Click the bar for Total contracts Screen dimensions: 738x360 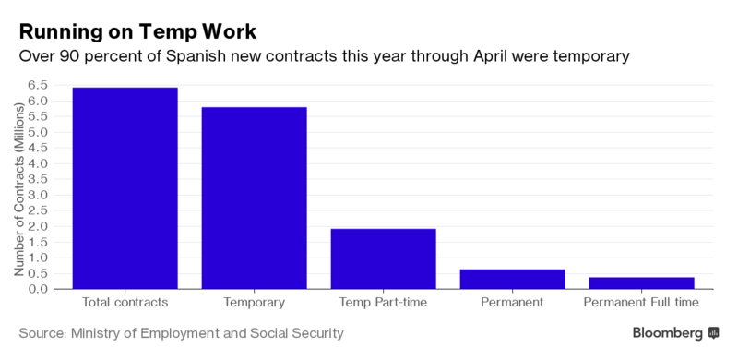(x=125, y=188)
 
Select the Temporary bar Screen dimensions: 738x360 (x=255, y=198)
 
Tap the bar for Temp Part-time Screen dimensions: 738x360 (x=384, y=258)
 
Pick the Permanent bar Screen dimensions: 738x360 (x=513, y=279)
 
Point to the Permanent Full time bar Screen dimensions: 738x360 (x=641, y=282)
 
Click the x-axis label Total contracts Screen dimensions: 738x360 (x=125, y=302)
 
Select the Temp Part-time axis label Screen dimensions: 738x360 (x=384, y=302)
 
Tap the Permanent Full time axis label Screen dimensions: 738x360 (x=641, y=302)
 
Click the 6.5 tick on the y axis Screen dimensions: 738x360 (x=39, y=85)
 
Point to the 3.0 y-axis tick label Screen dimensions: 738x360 (x=39, y=195)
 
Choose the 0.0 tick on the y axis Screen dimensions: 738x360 (x=39, y=289)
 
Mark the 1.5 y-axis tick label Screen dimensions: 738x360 (x=39, y=242)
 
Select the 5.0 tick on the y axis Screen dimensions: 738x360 (x=39, y=132)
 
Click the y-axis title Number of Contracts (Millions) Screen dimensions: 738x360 (x=18, y=188)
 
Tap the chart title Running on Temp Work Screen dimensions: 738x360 (x=137, y=32)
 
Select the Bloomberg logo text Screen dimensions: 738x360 (x=667, y=333)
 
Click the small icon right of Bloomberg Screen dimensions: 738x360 (x=713, y=333)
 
